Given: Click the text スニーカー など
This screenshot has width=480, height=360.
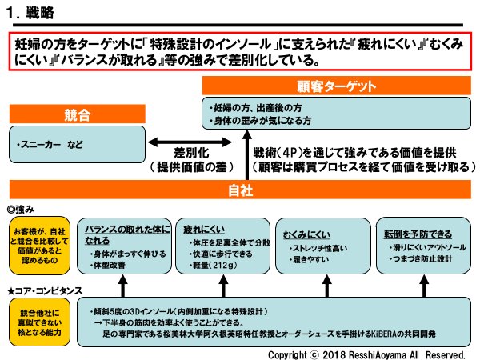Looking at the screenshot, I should [50, 146].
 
